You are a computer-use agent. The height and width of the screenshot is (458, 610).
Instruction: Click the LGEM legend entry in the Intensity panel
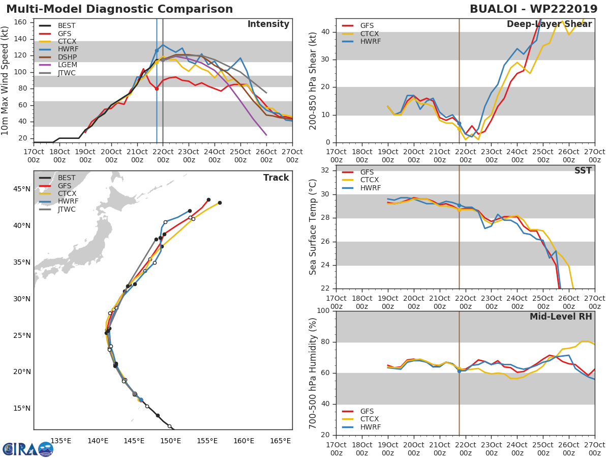(58, 65)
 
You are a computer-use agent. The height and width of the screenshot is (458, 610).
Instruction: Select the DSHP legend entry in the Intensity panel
(58, 57)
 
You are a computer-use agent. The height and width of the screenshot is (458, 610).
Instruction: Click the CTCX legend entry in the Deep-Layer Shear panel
(360, 34)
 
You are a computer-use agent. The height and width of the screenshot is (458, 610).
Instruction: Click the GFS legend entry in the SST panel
(358, 172)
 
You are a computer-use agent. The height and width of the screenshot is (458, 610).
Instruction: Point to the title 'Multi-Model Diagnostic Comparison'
(119, 9)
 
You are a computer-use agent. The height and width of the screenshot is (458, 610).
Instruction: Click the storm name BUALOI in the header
(494, 9)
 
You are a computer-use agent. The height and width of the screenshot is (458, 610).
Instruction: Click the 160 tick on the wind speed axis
(20, 22)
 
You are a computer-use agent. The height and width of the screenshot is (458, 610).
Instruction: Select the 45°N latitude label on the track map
(22, 189)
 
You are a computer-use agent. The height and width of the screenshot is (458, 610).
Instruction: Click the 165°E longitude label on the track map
(281, 441)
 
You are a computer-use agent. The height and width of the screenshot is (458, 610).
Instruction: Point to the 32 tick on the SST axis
(325, 170)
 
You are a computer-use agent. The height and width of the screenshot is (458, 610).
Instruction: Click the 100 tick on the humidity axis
(323, 310)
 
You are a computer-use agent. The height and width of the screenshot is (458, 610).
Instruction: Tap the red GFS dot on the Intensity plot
(157, 89)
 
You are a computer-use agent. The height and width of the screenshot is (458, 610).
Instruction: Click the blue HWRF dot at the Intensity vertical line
(157, 50)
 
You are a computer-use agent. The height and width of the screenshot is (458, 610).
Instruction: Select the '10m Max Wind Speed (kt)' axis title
(5, 80)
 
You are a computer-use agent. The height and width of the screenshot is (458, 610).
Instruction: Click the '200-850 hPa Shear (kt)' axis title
(313, 81)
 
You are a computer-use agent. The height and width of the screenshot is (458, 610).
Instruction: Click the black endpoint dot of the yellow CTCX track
(220, 203)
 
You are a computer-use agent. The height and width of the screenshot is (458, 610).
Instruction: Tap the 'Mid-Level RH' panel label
(561, 317)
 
